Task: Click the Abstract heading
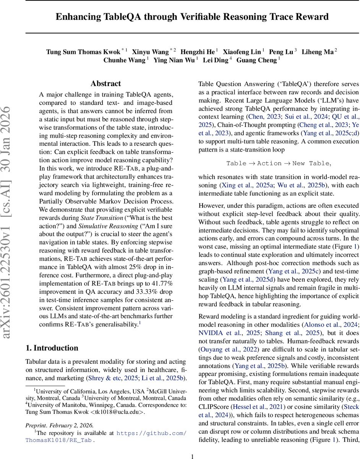[105, 83]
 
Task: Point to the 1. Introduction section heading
[52, 348]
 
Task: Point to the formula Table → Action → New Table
[278, 163]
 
